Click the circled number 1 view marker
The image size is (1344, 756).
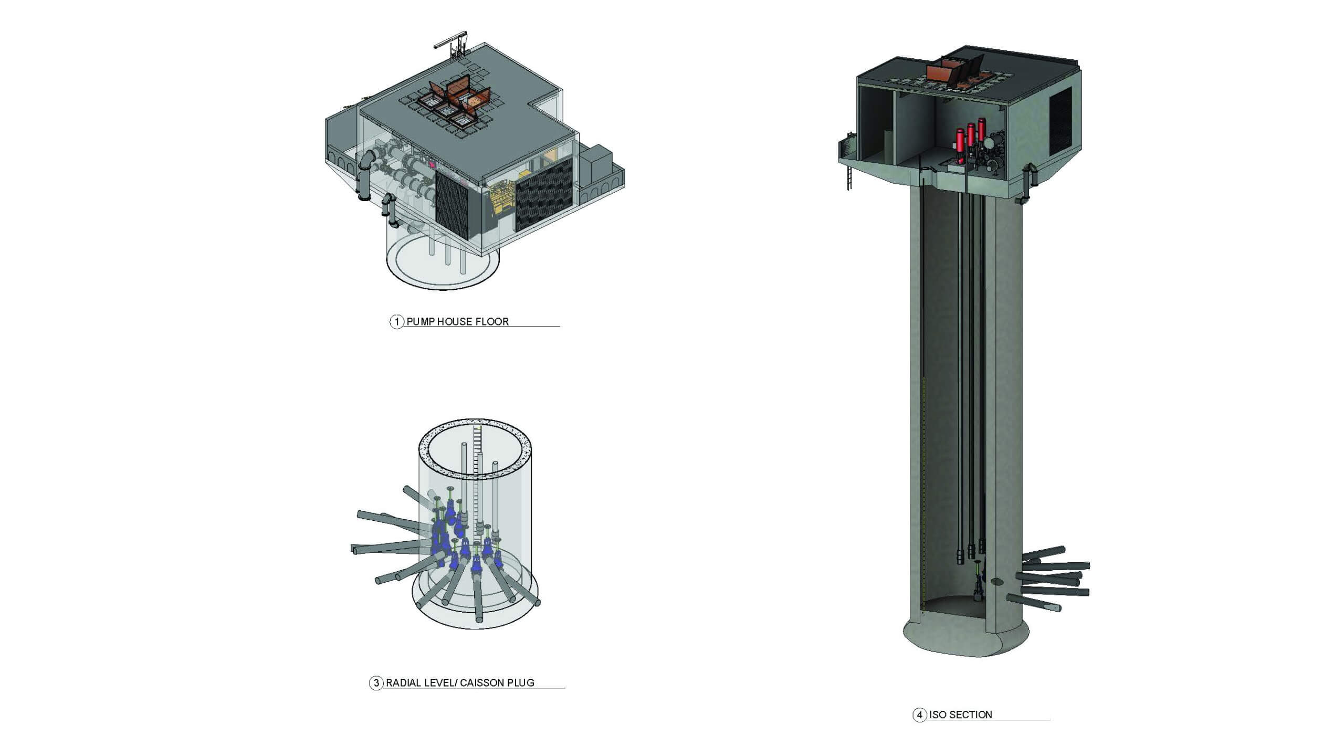pos(396,321)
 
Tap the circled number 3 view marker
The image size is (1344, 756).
pos(376,683)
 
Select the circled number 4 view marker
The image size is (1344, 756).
pos(919,715)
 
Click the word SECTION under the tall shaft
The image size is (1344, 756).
pos(971,715)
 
